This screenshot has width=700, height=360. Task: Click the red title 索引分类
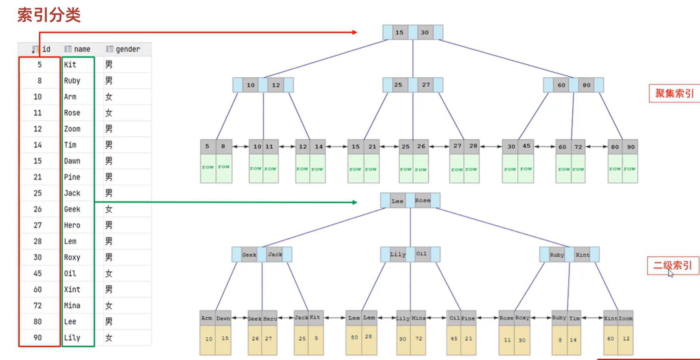49,15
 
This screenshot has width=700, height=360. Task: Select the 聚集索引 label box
674,93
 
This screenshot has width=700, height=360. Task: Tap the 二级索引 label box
673,265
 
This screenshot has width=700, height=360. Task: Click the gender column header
127,49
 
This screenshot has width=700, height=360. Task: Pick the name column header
82,49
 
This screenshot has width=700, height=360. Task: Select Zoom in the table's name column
72,129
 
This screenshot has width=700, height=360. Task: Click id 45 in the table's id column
38,273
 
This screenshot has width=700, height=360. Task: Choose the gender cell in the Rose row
109,113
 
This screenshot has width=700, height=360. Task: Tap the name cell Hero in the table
72,225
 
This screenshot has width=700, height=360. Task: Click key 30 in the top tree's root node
424,33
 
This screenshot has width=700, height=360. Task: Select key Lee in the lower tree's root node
397,201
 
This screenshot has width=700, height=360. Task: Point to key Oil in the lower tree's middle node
421,254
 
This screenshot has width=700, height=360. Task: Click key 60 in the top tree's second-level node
561,85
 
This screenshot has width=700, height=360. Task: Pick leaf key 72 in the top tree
578,147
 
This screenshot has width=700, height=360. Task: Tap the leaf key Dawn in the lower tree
223,318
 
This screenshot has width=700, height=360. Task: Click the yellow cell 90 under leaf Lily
403,339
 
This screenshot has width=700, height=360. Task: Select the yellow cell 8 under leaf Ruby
560,340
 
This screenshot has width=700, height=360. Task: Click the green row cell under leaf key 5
208,168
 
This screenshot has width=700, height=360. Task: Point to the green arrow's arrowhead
355,202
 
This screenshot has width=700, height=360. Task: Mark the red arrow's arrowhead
355,32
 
